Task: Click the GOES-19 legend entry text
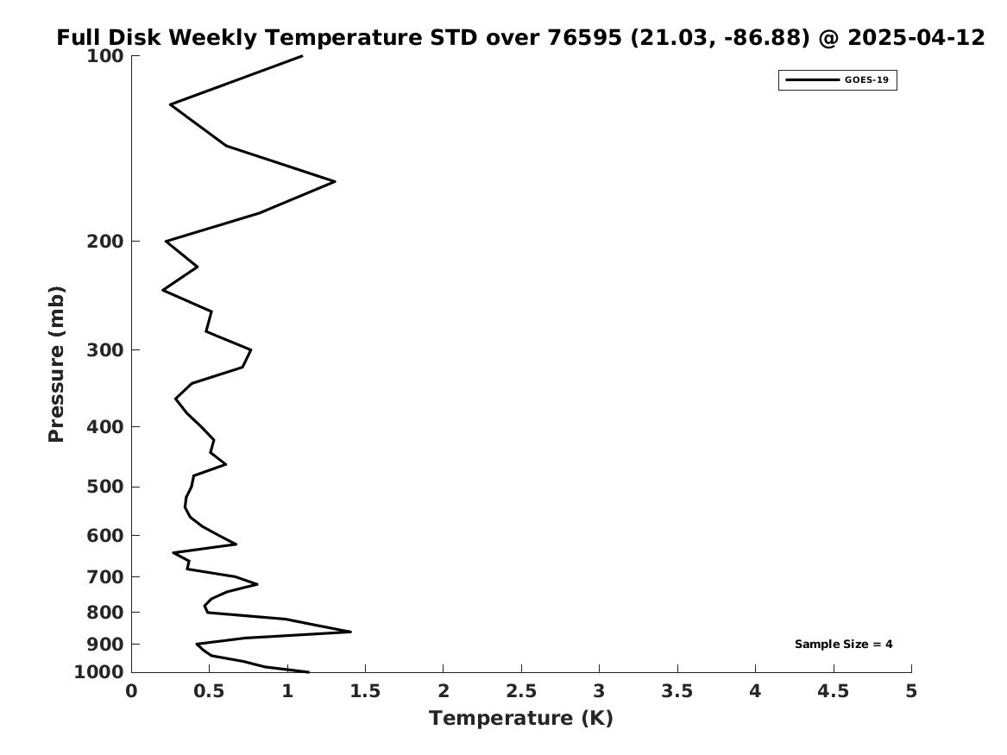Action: (866, 80)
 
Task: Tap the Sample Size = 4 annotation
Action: (843, 644)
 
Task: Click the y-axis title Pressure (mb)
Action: (56, 364)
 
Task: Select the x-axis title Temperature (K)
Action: (521, 719)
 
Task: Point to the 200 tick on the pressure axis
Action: (104, 242)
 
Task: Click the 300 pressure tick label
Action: (104, 350)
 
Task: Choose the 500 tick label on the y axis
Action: (104, 487)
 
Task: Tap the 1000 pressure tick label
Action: (99, 672)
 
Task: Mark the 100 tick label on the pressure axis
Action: (104, 56)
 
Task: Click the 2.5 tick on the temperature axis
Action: (521, 691)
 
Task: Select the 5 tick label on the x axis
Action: (911, 691)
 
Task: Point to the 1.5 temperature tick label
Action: (365, 691)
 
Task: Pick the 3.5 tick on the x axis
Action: (677, 691)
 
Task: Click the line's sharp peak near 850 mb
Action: (350, 632)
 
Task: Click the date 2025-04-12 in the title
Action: (916, 38)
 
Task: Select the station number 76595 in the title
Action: (584, 38)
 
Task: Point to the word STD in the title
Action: (453, 38)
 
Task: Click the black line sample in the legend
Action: (812, 80)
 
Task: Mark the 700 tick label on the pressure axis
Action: (104, 577)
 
